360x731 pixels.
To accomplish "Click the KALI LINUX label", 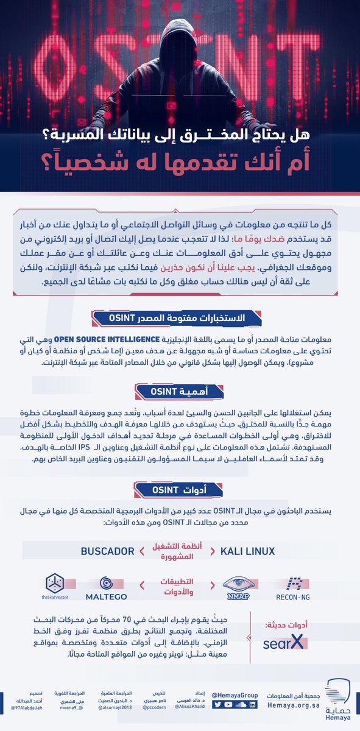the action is tap(247, 551).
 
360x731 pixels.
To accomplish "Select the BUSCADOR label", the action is tap(107, 551).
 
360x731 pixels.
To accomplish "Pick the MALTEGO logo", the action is tap(109, 586).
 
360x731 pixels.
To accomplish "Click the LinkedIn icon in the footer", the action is tap(252, 705).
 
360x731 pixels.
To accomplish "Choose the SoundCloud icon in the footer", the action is tap(241, 705).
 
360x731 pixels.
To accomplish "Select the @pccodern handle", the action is tap(149, 708).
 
